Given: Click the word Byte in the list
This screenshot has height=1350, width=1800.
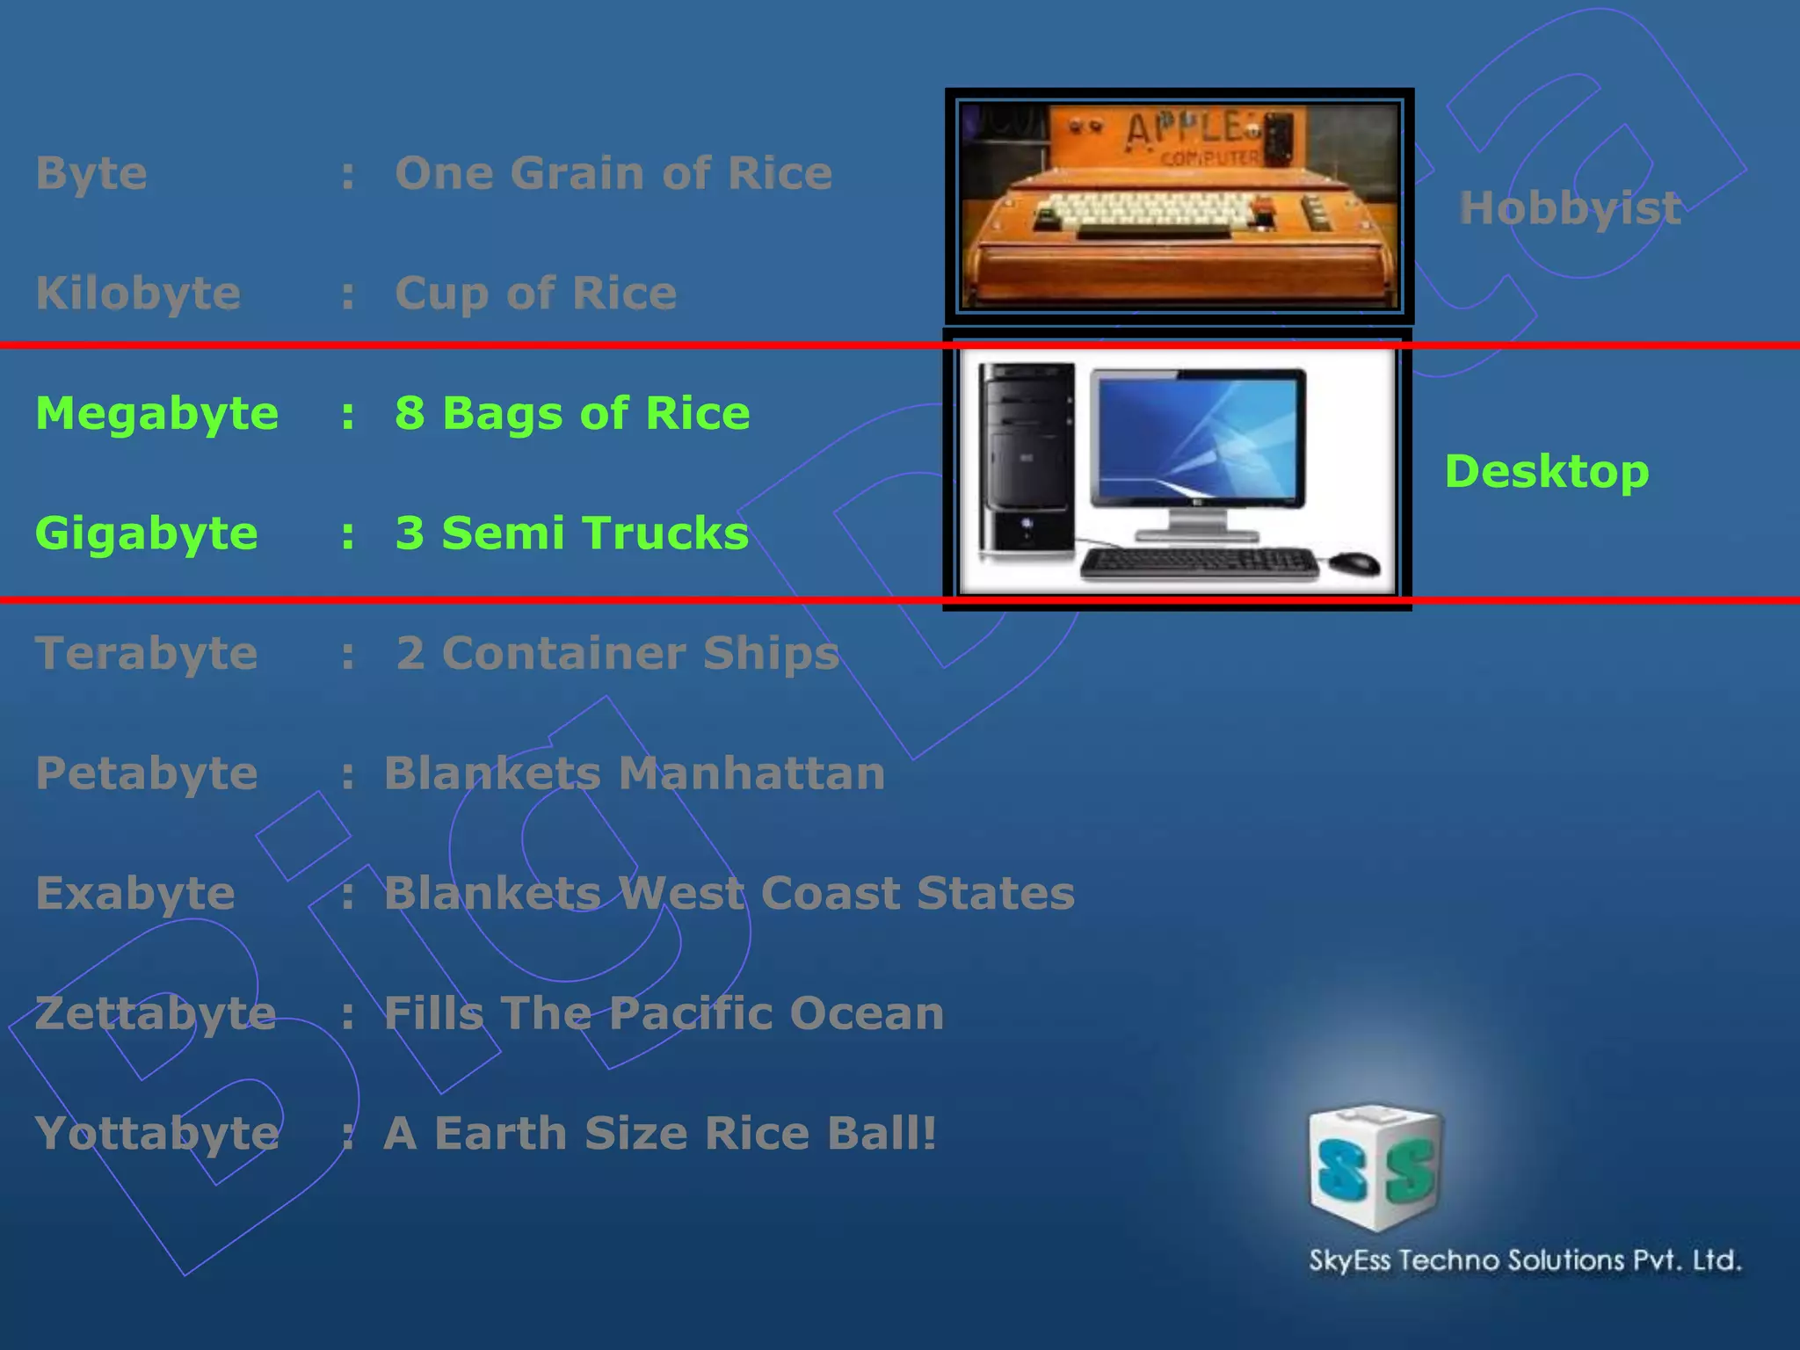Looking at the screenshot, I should click(91, 174).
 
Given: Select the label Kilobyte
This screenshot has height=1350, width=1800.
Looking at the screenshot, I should click(138, 294).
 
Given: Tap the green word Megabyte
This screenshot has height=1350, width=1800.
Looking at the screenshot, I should click(156, 413).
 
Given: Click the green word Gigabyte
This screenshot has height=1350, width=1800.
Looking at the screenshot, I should click(147, 533).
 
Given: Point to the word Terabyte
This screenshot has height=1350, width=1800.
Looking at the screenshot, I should click(147, 653).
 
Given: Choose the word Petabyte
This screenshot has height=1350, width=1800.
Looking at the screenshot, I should click(147, 773).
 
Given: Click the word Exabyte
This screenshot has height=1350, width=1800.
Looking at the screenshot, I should click(135, 894).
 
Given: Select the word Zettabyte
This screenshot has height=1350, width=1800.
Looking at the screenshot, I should click(156, 1013).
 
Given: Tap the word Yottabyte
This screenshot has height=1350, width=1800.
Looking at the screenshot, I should click(156, 1134).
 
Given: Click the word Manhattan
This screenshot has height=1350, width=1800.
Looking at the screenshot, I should click(751, 773).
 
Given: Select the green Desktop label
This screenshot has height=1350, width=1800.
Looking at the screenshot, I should click(1547, 472).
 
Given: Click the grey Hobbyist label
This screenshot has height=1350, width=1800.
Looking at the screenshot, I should click(1570, 208).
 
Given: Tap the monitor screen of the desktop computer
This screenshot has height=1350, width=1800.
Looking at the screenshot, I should click(1198, 439).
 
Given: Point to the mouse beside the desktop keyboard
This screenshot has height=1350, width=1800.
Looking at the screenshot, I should click(1353, 562).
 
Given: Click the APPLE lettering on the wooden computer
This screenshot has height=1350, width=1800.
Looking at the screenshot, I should click(1187, 129).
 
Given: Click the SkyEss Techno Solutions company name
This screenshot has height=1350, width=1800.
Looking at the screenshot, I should click(1525, 1260).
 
